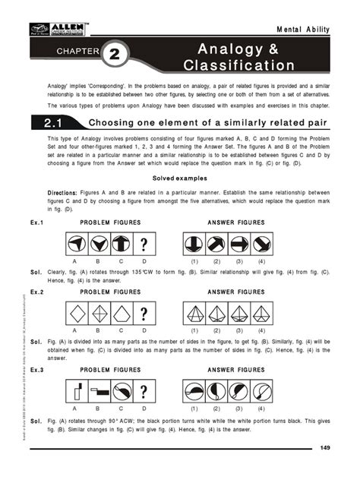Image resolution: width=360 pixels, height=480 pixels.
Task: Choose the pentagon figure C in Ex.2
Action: (x=121, y=313)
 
